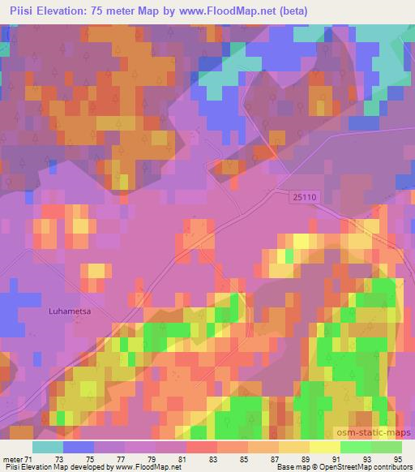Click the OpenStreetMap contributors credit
click(x=368, y=468)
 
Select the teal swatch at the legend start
click(x=47, y=447)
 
